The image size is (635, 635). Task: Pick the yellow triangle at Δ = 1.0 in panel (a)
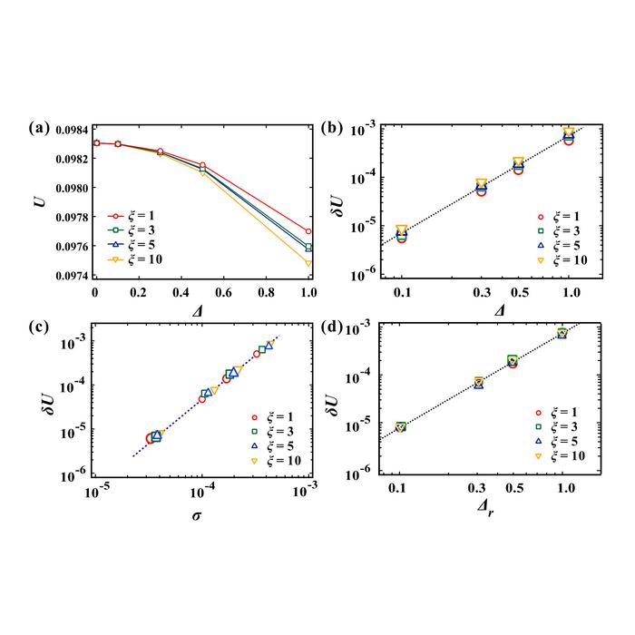pyautogui.click(x=308, y=263)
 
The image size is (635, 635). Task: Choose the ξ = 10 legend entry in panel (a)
pyautogui.click(x=128, y=262)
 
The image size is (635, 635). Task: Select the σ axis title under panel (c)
pyautogui.click(x=201, y=516)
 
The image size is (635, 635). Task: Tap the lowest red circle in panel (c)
pyautogui.click(x=151, y=438)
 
